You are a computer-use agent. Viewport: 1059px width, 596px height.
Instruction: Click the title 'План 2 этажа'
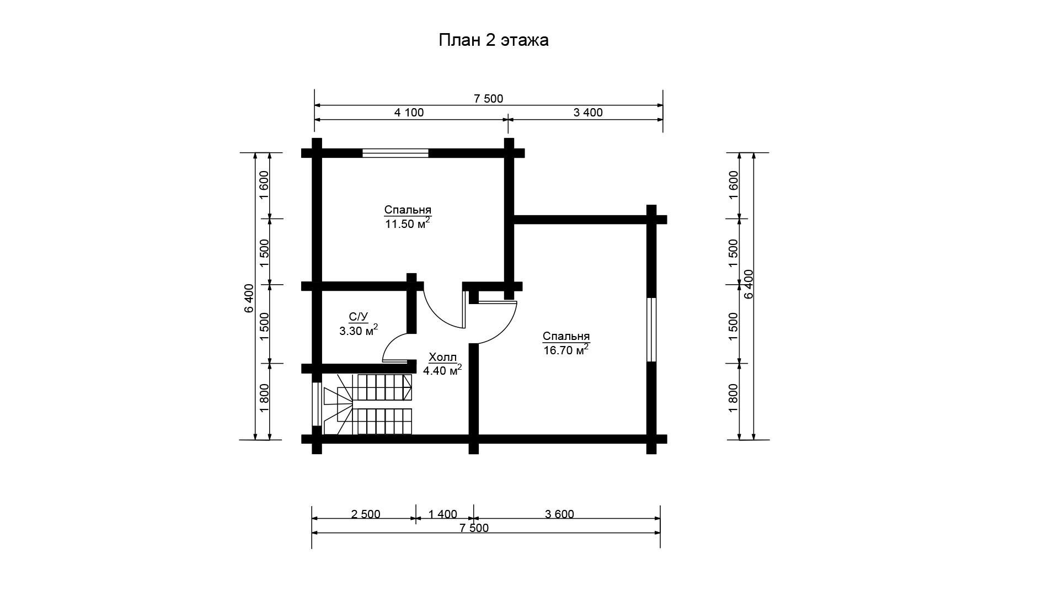coord(494,40)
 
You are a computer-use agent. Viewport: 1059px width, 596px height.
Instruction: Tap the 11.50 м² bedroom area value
coord(408,223)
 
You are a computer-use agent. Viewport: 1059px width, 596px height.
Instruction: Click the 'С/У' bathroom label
coord(358,317)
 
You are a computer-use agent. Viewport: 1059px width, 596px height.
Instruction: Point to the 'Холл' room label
coord(442,356)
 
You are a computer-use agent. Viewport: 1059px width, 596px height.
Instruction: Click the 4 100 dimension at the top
coord(409,113)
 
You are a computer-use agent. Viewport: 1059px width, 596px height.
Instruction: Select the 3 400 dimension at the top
coord(588,113)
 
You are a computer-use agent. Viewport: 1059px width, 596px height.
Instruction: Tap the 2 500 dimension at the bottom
coord(365,514)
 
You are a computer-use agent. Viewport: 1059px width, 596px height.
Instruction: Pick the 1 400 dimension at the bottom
coord(443,514)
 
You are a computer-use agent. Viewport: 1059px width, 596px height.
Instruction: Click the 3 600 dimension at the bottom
coord(559,514)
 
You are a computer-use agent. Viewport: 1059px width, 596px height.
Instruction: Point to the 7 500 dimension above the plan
coord(489,99)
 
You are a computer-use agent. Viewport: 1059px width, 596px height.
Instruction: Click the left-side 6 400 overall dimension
coord(249,298)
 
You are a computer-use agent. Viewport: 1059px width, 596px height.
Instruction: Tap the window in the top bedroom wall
coord(395,153)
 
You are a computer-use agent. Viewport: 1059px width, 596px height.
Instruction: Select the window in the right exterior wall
coord(651,329)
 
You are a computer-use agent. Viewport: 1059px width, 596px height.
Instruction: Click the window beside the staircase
coord(317,403)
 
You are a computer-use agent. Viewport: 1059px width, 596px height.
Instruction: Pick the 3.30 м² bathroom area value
coord(359,331)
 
